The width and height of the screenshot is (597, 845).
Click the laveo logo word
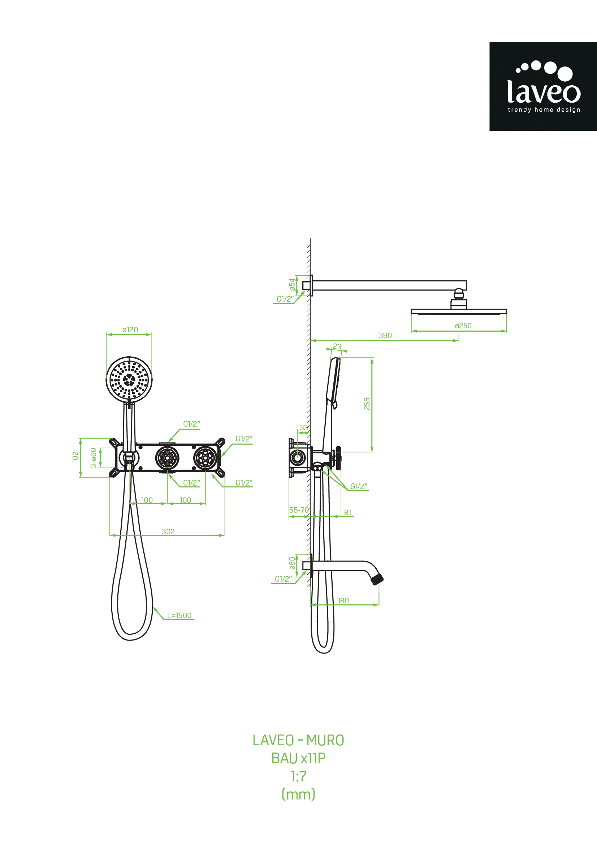[x=544, y=92]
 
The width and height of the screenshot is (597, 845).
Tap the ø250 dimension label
[x=463, y=326]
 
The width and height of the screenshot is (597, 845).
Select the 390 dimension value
[x=385, y=335]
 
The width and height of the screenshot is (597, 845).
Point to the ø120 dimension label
[x=130, y=330]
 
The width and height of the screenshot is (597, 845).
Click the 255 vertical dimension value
[x=367, y=404]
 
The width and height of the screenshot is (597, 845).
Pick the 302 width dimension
[x=168, y=531]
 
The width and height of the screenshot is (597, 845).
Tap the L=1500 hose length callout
[x=179, y=615]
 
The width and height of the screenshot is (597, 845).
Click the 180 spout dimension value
[x=343, y=601]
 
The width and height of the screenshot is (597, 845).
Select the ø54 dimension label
[x=292, y=284]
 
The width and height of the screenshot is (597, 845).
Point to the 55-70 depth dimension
[x=299, y=510]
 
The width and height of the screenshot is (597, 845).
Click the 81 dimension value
[x=347, y=512]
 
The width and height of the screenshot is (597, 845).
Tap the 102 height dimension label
[x=75, y=457]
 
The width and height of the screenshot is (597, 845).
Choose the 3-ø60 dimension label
[x=94, y=458]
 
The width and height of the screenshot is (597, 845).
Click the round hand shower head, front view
[x=129, y=379]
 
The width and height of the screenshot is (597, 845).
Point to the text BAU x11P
[x=298, y=758]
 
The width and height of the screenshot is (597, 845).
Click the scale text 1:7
[x=298, y=777]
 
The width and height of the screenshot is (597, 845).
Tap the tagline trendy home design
[x=544, y=110]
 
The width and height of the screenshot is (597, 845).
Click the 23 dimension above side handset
[x=337, y=346]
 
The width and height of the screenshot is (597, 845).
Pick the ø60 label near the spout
[x=292, y=562]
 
